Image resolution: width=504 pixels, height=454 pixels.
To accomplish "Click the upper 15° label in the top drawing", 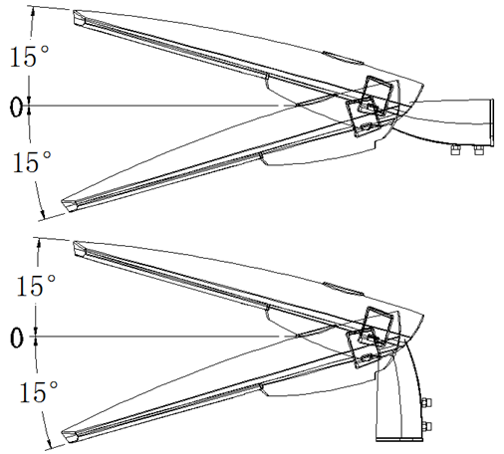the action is click(x=30, y=57).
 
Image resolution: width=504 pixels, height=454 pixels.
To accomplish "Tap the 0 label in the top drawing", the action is click(x=16, y=107).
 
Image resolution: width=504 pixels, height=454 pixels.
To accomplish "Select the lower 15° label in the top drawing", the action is click(x=32, y=161).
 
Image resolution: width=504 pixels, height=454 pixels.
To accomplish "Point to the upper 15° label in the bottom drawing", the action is click(x=36, y=285).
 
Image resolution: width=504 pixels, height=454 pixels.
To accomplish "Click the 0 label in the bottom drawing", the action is click(x=17, y=338).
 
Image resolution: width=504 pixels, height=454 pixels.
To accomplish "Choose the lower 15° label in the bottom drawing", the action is click(x=39, y=391).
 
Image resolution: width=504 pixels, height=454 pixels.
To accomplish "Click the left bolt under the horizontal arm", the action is click(x=455, y=149).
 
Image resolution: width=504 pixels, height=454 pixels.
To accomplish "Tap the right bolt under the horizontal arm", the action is click(x=478, y=149).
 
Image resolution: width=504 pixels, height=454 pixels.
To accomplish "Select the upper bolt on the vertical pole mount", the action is click(x=426, y=403).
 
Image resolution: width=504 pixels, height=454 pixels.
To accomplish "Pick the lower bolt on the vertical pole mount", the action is click(x=426, y=426).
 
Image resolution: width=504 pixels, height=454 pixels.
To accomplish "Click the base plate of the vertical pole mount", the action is click(x=399, y=440).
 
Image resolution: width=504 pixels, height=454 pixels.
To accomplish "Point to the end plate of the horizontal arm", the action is click(x=492, y=122).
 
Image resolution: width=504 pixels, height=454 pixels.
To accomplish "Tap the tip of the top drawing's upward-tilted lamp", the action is click(x=74, y=11).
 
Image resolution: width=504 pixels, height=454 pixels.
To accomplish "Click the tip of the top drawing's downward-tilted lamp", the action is click(x=62, y=202).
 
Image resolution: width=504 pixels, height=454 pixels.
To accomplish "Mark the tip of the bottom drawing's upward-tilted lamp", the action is click(x=74, y=242).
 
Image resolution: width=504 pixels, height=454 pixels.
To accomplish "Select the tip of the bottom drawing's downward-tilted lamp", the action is click(x=62, y=433).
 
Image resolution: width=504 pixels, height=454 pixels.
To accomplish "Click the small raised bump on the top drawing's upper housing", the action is click(x=344, y=57).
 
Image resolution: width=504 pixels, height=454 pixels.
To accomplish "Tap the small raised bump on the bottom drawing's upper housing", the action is click(x=344, y=288).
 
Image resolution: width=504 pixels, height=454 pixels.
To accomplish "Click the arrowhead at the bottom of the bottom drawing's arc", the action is click(x=50, y=444).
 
